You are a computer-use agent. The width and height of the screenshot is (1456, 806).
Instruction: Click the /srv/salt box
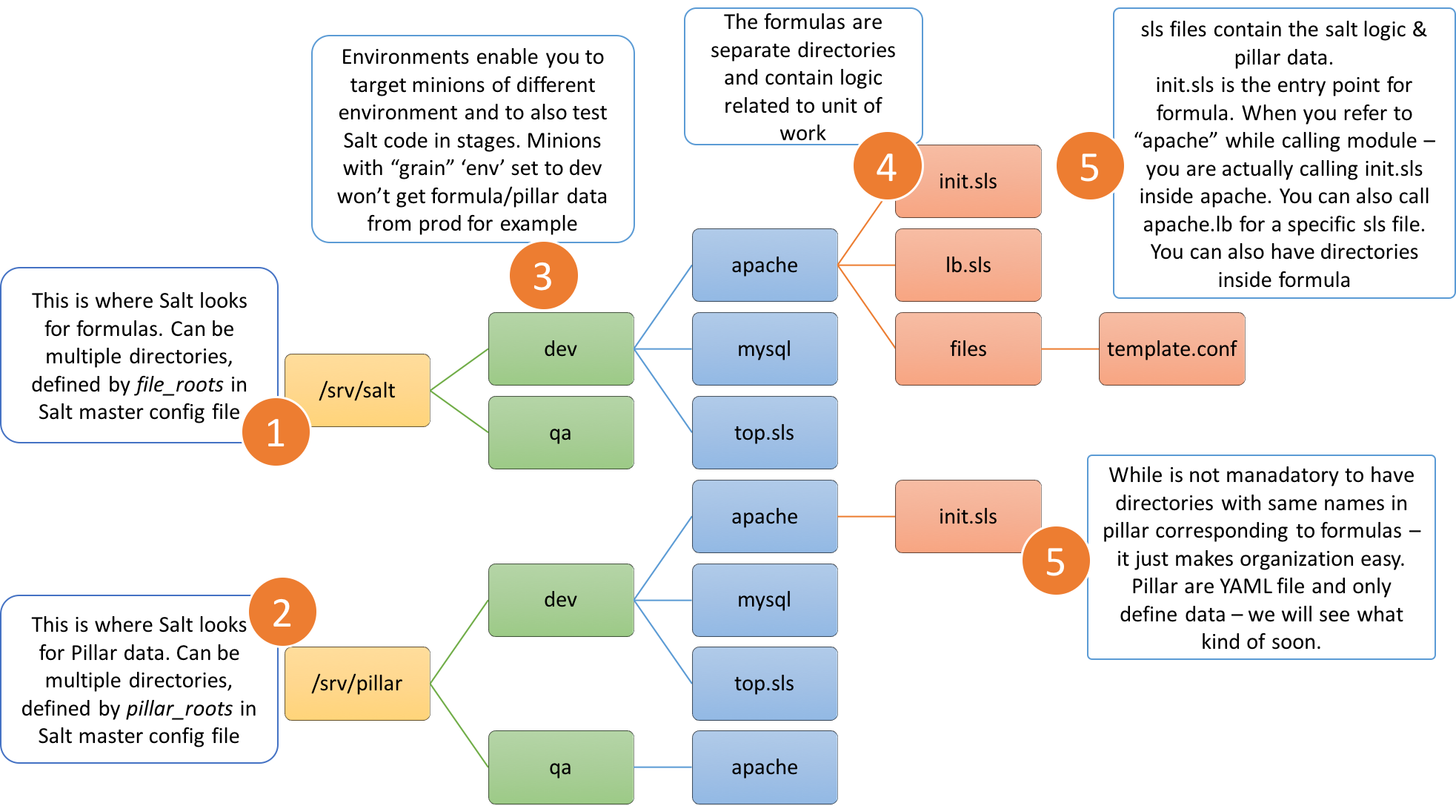click(357, 390)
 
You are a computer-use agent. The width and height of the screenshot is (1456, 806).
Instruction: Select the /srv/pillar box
click(357, 683)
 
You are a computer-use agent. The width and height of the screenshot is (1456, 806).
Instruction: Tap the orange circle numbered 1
click(276, 432)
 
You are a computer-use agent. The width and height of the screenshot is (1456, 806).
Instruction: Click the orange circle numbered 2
click(282, 612)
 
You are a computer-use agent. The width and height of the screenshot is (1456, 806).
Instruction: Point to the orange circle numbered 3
click(543, 276)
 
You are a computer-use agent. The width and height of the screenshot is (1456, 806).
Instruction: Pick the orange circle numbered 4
click(886, 167)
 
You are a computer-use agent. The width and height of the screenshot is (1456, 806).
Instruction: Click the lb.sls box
click(968, 265)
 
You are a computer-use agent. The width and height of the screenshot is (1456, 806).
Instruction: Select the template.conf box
click(1171, 349)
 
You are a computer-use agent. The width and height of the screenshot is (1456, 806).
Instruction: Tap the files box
click(968, 349)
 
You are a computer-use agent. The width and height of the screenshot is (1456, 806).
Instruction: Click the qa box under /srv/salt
click(561, 432)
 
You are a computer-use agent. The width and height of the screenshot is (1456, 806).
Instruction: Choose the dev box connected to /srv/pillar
click(561, 600)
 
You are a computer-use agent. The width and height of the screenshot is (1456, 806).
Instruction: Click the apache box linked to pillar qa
click(765, 767)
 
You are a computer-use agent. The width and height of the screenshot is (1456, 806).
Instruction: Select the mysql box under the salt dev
click(765, 349)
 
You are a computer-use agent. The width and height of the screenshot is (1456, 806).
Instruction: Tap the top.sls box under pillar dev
click(765, 683)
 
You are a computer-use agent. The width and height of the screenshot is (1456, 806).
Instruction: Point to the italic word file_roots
click(179, 385)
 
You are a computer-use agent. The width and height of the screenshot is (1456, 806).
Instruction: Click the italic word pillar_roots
click(179, 709)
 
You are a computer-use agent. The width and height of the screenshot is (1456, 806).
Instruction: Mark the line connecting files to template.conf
click(1070, 349)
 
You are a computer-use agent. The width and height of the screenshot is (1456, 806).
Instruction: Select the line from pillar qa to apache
click(663, 767)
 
